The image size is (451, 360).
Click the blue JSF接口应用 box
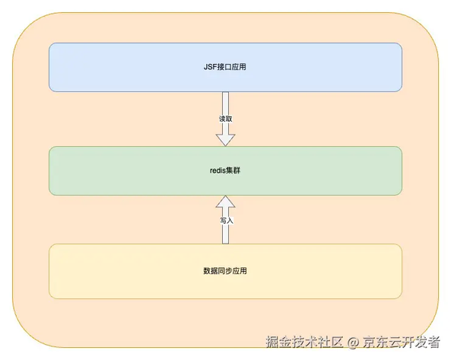pos(225,67)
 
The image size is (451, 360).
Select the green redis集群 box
pos(225,171)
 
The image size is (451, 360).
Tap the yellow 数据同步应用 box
pos(225,272)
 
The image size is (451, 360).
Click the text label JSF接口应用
pos(225,67)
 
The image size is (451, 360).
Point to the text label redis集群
pos(225,170)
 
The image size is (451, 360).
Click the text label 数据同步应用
pos(225,271)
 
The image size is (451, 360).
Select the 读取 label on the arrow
pos(225,119)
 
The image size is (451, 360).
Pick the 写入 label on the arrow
pos(227,221)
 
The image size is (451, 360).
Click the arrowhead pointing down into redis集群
pos(225,140)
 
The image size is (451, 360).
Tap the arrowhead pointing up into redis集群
pos(225,202)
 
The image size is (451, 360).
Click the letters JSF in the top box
pos(210,67)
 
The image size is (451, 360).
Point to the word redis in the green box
pos(218,170)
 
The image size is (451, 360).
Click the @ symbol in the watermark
pos(353,342)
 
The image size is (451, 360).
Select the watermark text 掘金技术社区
pos(304,342)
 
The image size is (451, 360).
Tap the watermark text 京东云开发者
pos(402,342)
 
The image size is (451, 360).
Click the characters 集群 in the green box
pos(233,170)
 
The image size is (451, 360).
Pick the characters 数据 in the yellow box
pos(211,271)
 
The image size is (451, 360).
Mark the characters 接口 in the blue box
pos(224,67)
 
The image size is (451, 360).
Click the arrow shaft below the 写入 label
pos(225,234)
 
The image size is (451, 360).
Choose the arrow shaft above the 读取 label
pos(225,104)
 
